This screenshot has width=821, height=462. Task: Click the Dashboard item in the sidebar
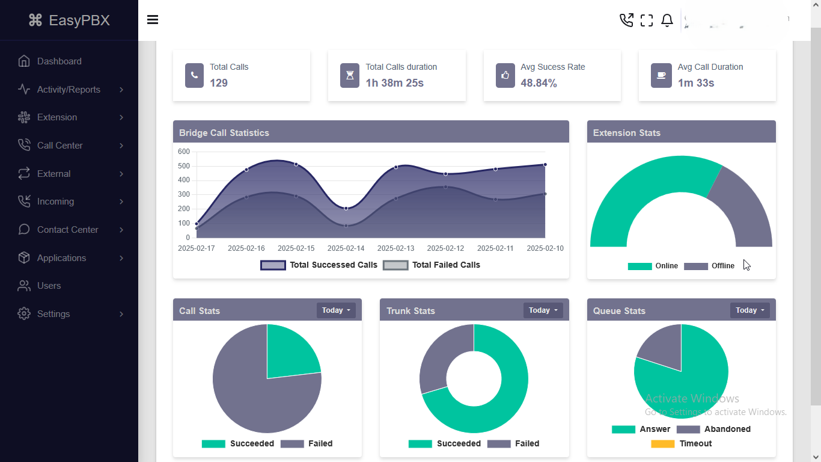(59, 61)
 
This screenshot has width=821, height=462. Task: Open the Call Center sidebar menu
(60, 146)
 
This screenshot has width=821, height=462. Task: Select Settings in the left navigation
(53, 314)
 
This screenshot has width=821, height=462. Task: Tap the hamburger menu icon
(153, 20)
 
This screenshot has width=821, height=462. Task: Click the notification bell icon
(667, 20)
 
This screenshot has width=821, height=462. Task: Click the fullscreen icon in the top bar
(647, 20)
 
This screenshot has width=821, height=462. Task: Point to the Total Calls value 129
(219, 83)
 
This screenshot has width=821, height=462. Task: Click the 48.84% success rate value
(539, 83)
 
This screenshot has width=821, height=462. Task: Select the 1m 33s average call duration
(696, 83)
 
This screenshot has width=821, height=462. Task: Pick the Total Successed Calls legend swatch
(273, 265)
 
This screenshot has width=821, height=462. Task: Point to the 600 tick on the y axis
(184, 152)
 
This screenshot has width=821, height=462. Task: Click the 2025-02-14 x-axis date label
(346, 248)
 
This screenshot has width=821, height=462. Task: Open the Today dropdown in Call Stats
(336, 310)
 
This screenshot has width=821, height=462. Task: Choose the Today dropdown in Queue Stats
(749, 310)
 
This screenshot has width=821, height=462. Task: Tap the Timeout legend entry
(695, 443)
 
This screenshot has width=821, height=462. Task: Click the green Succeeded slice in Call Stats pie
(290, 352)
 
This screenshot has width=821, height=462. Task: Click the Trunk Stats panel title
(410, 311)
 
